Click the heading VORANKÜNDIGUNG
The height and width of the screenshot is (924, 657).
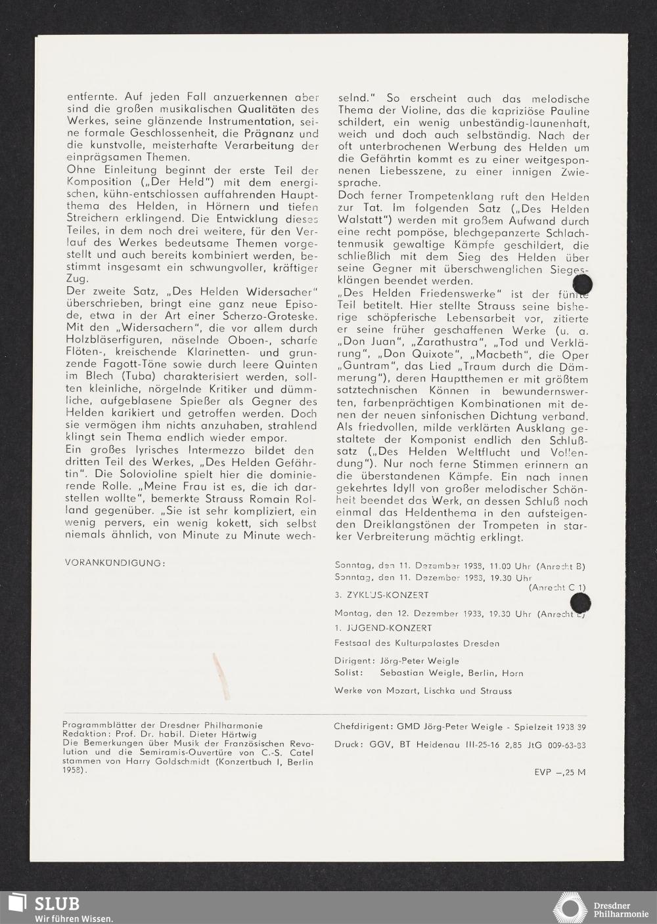[116, 563]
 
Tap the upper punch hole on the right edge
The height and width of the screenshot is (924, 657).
[582, 283]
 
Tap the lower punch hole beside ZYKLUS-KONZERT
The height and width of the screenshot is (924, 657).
[580, 602]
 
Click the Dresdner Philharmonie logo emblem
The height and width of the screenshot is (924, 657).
[570, 908]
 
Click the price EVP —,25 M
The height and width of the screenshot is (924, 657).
[560, 772]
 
